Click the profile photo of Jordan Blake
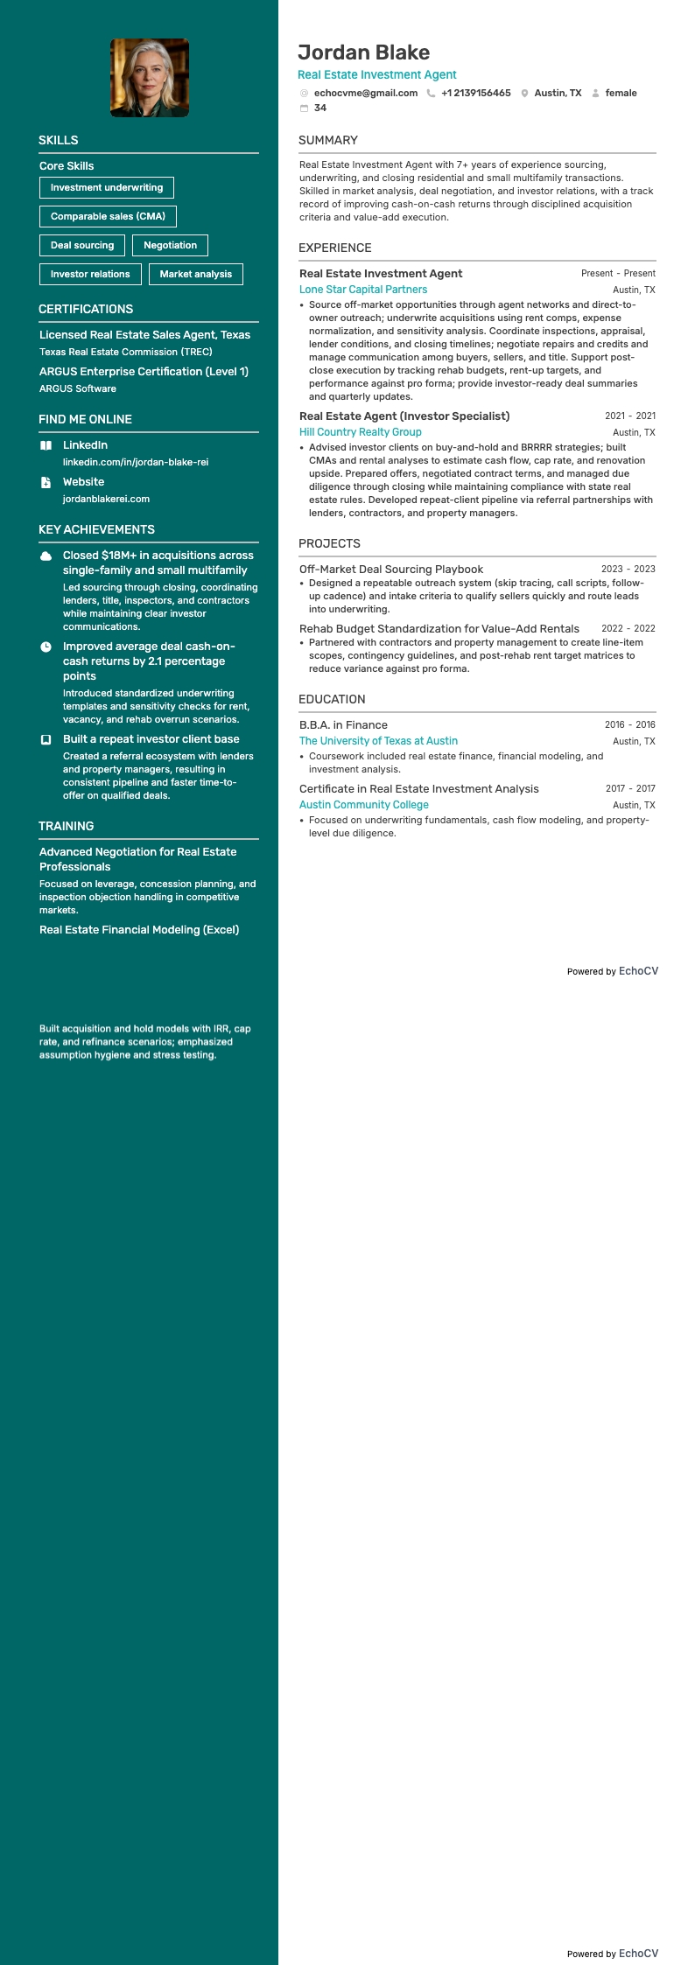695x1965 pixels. (150, 78)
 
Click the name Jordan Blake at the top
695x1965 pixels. (363, 52)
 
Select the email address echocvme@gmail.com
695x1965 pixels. (365, 93)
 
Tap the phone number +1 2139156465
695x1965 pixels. (475, 93)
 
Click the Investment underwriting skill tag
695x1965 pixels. (107, 187)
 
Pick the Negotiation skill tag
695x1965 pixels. (170, 245)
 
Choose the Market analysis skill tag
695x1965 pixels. (195, 274)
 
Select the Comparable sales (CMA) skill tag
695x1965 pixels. (108, 216)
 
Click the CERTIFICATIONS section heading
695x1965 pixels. (86, 309)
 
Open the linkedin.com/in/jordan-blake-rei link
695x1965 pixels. (136, 462)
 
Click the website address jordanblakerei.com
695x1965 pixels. (106, 499)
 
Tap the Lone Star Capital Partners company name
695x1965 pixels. (363, 290)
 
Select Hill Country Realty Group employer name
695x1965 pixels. (361, 432)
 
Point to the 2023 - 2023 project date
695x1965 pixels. (628, 569)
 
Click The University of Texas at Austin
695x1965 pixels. (378, 741)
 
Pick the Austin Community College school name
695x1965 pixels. (364, 805)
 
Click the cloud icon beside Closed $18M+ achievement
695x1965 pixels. (46, 556)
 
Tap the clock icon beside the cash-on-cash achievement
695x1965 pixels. (46, 647)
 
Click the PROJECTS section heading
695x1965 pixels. (329, 543)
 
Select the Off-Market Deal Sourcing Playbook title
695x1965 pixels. (391, 570)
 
